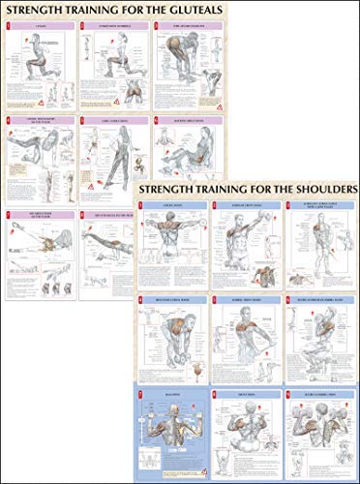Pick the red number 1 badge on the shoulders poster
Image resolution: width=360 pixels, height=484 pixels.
click(140, 205)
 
